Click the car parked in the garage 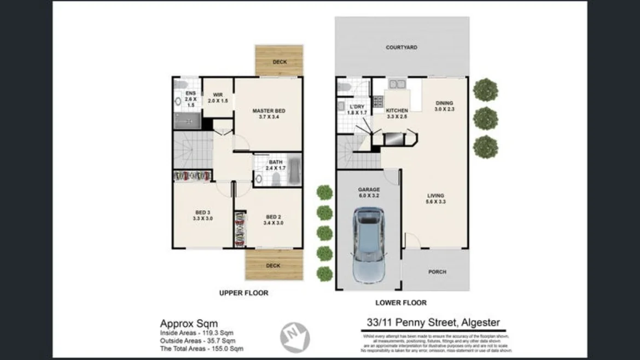(x=369, y=244)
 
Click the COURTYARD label (x=402, y=48)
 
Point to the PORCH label (x=437, y=272)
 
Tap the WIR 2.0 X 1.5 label (x=218, y=97)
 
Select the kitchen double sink (x=397, y=84)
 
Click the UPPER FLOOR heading (x=243, y=293)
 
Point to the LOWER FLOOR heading (x=401, y=303)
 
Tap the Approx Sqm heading (x=188, y=323)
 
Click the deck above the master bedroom (x=279, y=60)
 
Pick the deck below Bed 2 (x=274, y=265)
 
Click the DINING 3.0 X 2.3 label (x=444, y=106)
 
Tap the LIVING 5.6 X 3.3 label (x=436, y=199)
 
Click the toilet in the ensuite (x=181, y=84)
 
